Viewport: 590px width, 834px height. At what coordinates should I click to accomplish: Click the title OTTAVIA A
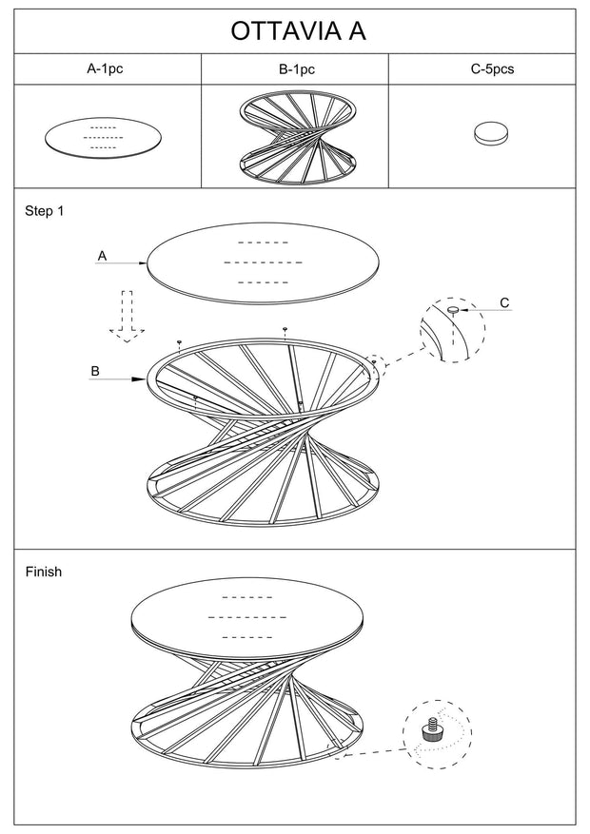298,31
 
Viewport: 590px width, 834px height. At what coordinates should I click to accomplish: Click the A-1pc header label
105,68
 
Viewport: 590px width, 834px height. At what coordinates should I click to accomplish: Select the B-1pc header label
297,69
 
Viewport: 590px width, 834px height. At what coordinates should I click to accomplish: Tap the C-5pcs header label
492,68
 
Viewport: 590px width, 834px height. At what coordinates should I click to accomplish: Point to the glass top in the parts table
103,138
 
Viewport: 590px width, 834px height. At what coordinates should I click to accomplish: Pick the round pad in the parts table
491,133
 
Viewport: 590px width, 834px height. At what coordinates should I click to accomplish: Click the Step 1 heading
44,211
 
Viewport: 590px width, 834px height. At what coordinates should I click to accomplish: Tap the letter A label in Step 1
102,256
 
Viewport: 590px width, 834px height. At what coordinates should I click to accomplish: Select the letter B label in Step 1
95,371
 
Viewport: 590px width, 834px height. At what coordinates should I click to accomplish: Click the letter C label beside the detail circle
504,302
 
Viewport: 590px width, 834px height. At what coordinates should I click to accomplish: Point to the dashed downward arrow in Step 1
128,317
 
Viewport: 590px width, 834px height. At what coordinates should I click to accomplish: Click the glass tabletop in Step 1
264,263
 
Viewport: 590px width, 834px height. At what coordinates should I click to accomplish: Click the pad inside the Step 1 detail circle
453,309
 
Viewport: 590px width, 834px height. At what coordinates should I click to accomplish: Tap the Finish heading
44,572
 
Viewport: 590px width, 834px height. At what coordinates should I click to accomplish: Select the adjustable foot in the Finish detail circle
430,728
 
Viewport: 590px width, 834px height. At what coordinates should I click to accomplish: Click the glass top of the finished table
248,621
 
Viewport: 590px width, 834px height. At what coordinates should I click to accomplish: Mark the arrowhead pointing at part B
139,379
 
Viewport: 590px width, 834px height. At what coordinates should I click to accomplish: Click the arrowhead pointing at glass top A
143,262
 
